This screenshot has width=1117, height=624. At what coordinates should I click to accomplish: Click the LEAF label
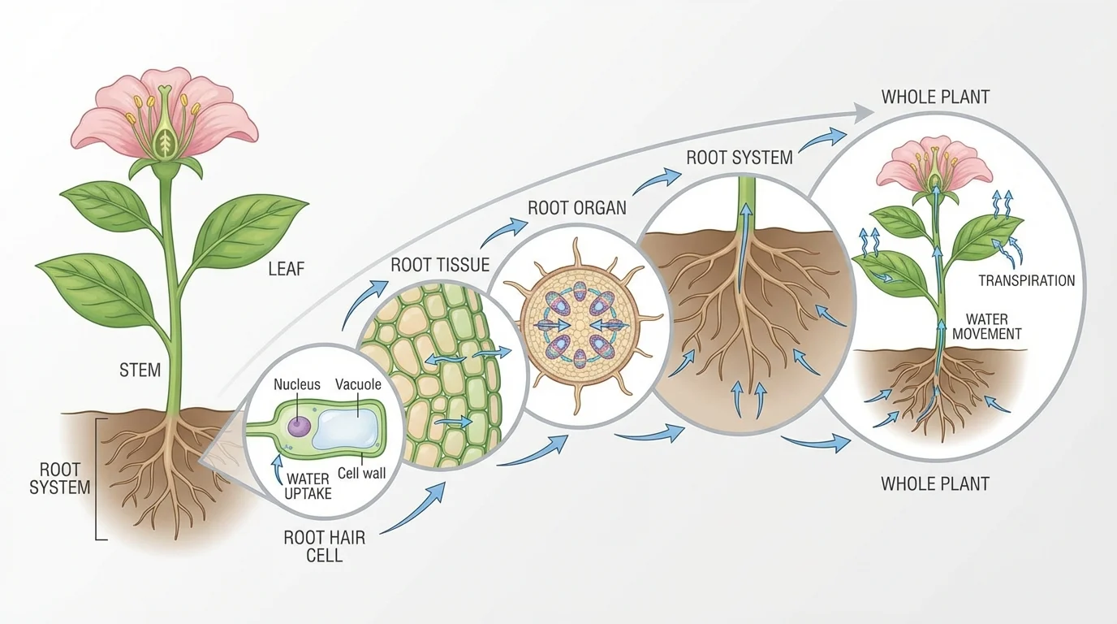pos(286,268)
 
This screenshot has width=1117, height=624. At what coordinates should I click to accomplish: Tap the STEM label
pos(140,370)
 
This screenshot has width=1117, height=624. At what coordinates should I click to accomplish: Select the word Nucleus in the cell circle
pos(297,384)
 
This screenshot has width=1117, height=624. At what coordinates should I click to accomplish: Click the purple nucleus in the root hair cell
pos(300,426)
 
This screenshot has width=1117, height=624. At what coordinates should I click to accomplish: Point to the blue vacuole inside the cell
pos(347,428)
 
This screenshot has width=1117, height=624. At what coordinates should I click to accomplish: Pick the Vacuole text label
pos(358,384)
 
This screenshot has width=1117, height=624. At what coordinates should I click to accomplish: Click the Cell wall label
pos(361,473)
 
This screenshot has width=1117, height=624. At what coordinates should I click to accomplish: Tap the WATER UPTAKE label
pos(308,486)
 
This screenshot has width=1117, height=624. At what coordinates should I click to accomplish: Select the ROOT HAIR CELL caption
pos(313,546)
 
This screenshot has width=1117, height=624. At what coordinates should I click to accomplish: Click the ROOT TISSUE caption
pos(440,265)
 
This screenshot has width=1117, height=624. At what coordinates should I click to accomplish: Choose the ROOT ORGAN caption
pos(577,207)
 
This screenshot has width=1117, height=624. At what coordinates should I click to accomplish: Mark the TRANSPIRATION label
pos(1026,281)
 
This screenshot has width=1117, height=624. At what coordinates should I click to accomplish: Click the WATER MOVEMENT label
pos(987,327)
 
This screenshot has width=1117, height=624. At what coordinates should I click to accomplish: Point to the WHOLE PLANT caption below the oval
pos(935,484)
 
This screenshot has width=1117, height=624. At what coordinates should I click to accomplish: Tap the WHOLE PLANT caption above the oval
pos(935,97)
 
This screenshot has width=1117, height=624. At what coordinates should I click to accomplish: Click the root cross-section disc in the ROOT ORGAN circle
pos(580,326)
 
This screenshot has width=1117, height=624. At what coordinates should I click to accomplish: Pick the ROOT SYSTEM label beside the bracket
pos(59,479)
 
